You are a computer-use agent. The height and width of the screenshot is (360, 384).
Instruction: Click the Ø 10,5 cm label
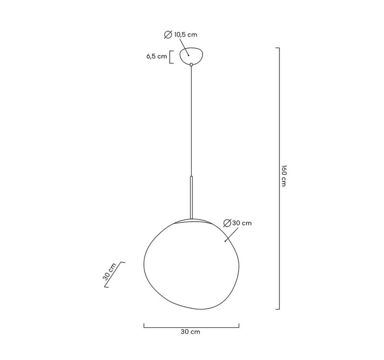(180, 35)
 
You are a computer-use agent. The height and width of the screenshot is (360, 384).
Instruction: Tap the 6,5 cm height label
(156, 56)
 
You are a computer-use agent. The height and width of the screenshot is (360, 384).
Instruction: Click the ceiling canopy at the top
(191, 55)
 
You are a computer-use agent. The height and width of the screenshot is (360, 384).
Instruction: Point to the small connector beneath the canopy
(191, 64)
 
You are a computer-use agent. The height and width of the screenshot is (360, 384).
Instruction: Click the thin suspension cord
(191, 120)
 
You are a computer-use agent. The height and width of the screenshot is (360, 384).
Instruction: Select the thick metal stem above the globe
(191, 197)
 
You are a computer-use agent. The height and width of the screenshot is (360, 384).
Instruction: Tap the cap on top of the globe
(191, 221)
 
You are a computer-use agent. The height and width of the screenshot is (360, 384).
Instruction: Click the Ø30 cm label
(238, 223)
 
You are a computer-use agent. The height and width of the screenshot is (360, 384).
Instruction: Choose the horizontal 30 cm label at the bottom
(191, 332)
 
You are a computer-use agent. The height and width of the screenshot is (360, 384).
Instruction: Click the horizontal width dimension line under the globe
(191, 327)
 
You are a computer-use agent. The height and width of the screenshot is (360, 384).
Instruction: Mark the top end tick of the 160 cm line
(277, 48)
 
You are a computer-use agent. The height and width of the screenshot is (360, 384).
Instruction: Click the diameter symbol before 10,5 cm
(168, 35)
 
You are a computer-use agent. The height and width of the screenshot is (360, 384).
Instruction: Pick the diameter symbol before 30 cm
(228, 223)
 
